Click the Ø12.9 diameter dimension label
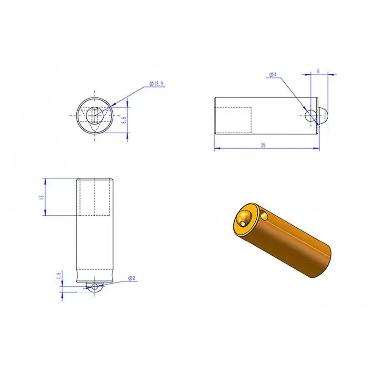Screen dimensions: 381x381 point(156,84)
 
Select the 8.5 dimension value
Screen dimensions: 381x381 point(124,120)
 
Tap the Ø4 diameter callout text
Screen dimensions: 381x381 point(273,74)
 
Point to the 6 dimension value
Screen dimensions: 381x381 point(318,71)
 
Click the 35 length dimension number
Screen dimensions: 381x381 point(263,145)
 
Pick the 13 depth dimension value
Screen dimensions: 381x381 point(42,197)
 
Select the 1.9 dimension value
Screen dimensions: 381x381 point(58,276)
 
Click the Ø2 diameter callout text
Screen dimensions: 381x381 point(131,278)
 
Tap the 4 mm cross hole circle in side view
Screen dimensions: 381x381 point(311,116)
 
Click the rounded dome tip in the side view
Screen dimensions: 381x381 point(323,116)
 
